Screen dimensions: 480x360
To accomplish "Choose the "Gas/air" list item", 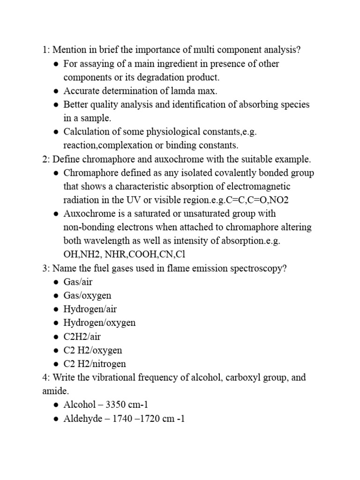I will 78,282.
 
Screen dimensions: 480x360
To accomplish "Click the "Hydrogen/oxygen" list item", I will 99,323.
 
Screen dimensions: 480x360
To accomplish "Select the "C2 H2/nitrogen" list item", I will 95,364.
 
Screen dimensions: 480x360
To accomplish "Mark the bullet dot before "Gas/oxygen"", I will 56,296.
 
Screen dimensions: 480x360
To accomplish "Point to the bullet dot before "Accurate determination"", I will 56,91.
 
